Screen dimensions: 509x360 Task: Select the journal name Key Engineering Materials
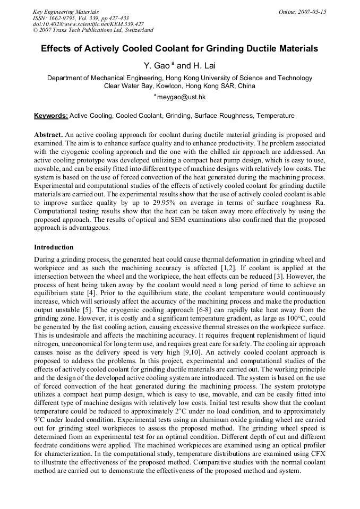pos(66,11)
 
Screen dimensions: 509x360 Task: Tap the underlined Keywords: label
pos(51,115)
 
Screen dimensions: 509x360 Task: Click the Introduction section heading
pos(54,247)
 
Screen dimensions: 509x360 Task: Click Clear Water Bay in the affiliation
pos(128,85)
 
